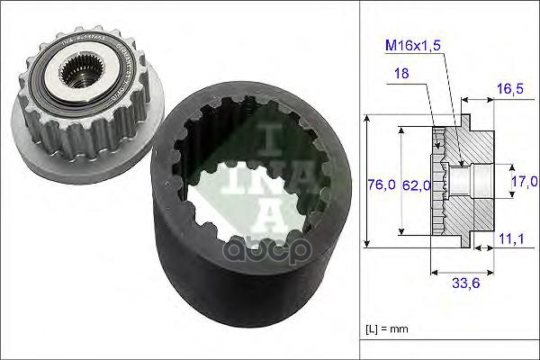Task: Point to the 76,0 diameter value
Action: click(380, 185)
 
